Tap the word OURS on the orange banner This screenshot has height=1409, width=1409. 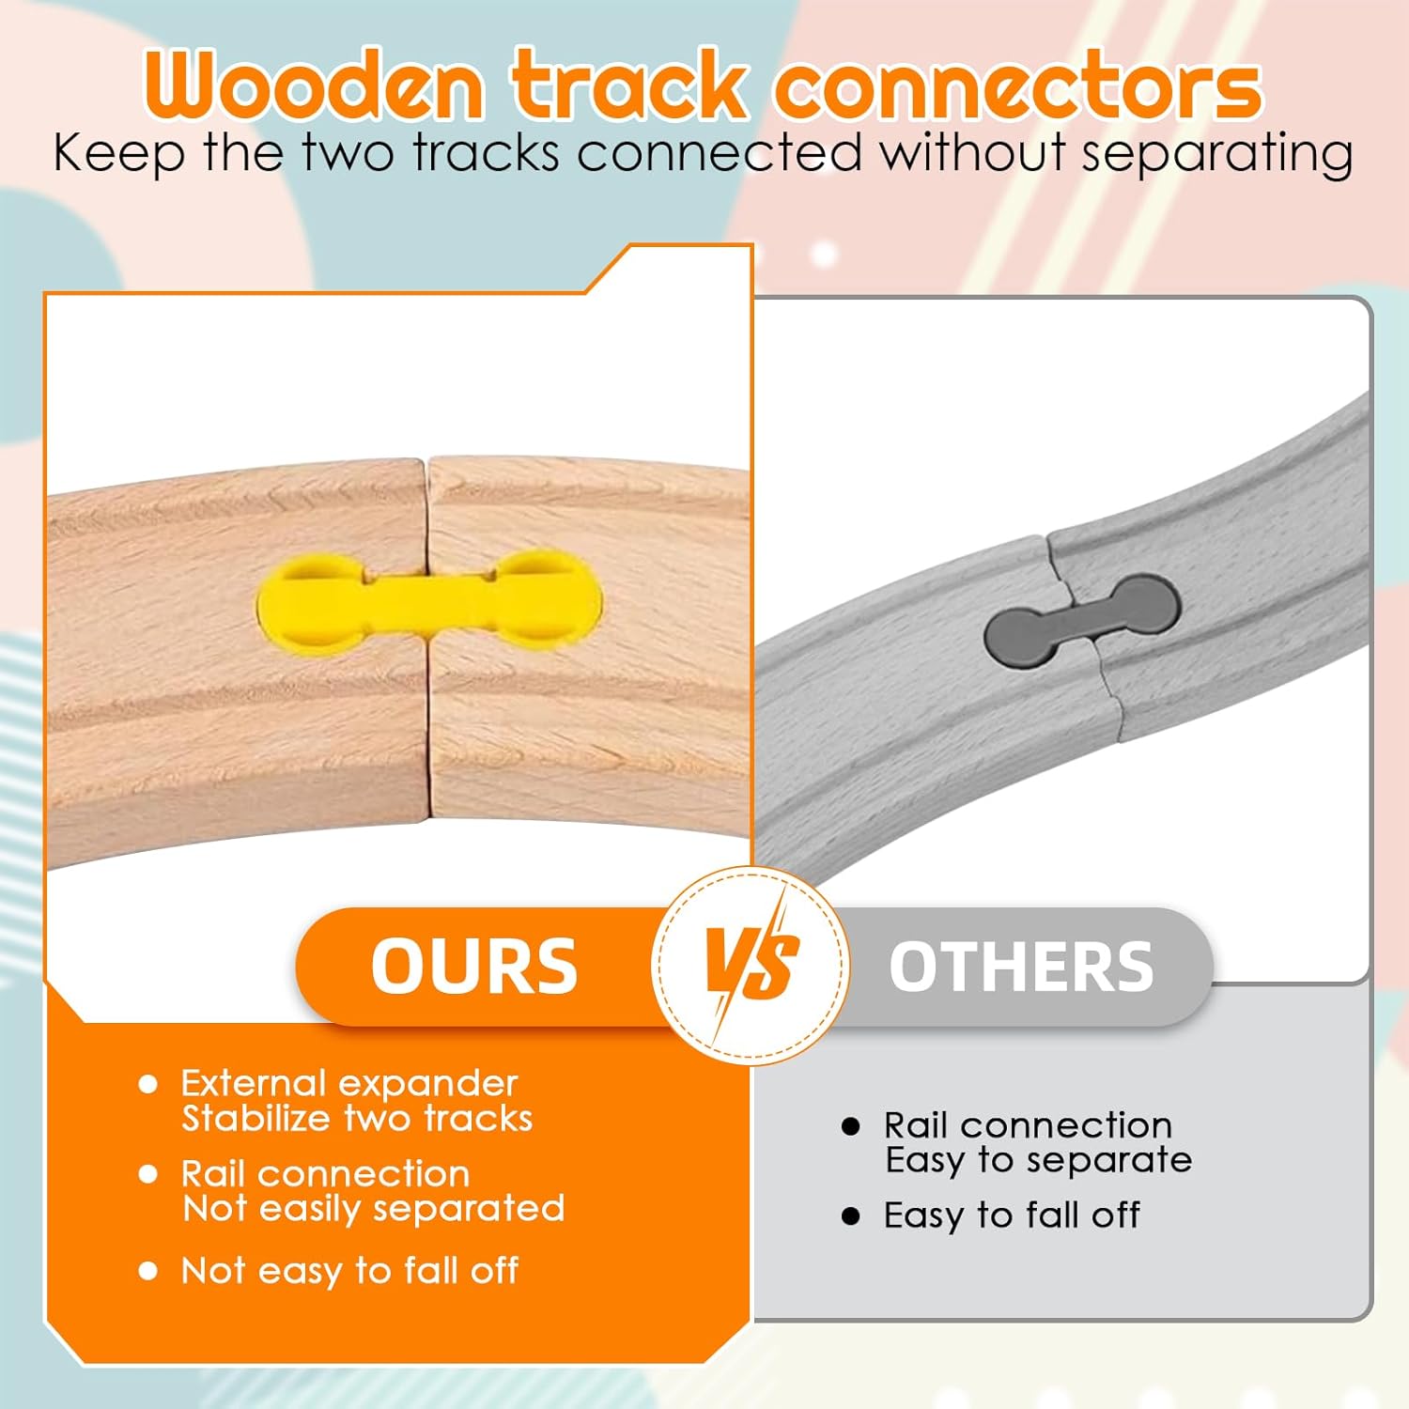(474, 967)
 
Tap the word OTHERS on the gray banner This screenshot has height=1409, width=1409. (1021, 967)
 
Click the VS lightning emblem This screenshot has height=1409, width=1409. (751, 965)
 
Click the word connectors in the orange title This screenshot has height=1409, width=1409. (1018, 86)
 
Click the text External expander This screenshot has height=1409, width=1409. (348, 1084)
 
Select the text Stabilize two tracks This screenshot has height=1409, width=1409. (357, 1119)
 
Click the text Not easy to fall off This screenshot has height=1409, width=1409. (349, 1271)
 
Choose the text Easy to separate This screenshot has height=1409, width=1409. (1039, 1161)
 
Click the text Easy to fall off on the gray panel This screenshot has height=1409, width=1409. (1012, 1215)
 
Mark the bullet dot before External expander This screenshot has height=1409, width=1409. (147, 1085)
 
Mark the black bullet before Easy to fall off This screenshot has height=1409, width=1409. (851, 1217)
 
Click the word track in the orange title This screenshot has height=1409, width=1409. (629, 86)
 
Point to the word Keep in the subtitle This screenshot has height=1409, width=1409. (118, 154)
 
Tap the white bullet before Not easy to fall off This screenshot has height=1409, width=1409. (147, 1272)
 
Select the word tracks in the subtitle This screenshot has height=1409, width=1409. (486, 153)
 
